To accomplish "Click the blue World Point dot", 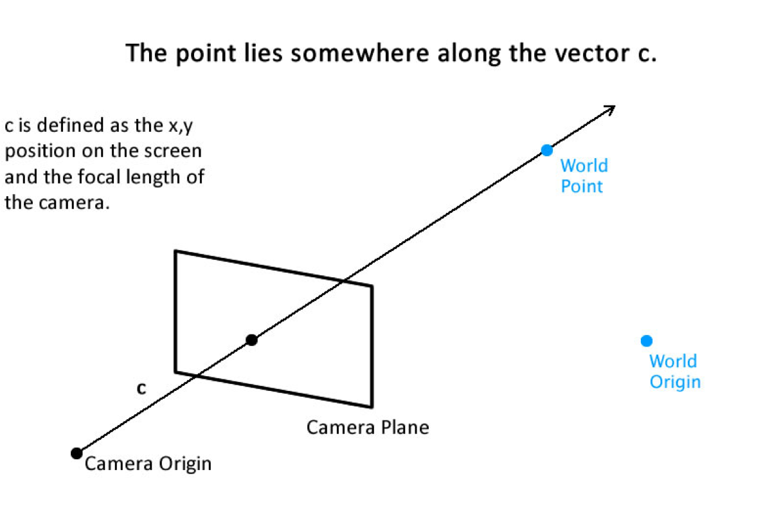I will click(x=546, y=150).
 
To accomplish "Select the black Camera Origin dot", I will click(x=76, y=453).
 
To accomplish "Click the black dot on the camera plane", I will click(x=251, y=340).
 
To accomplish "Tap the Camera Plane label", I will click(x=367, y=427).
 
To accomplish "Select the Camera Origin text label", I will click(x=148, y=463).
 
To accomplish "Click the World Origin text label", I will click(x=674, y=372).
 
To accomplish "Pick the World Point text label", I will click(x=583, y=176).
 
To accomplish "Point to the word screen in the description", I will click(x=174, y=152).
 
